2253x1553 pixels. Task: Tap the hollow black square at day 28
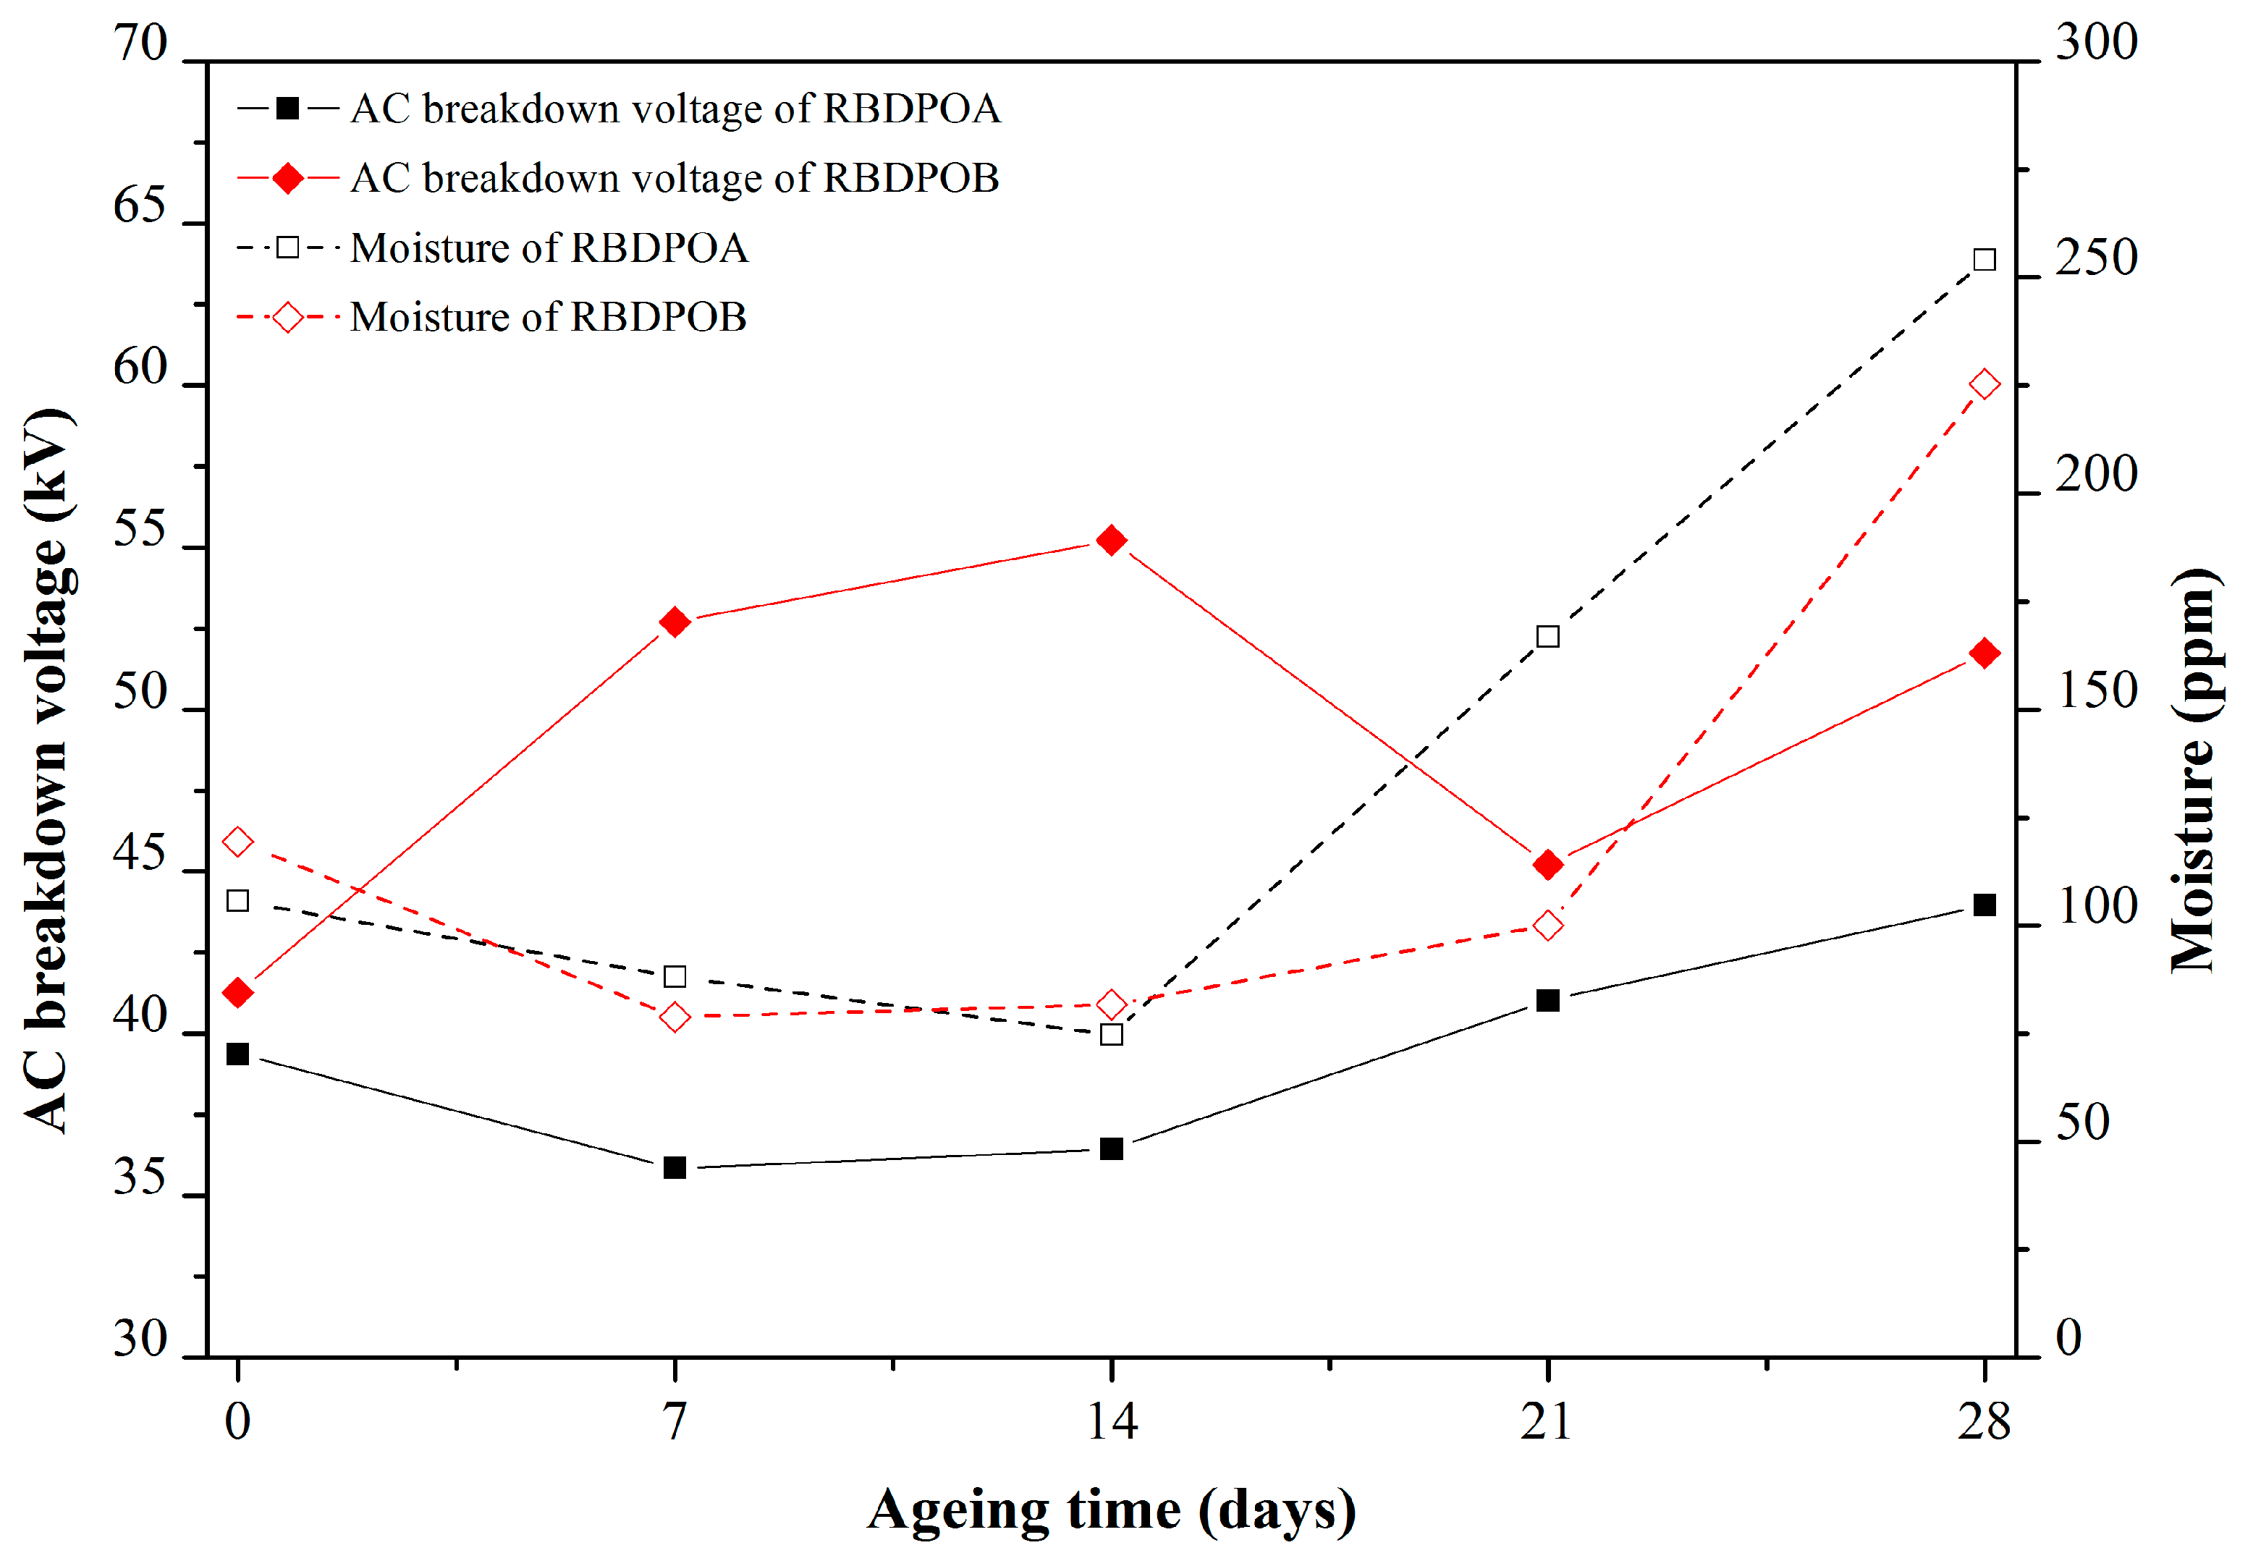tap(1984, 260)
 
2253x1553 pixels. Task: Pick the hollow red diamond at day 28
tap(1984, 384)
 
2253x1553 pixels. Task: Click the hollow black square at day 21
tap(1547, 636)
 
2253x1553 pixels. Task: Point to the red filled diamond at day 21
tap(1547, 864)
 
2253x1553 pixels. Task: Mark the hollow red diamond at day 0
tap(237, 842)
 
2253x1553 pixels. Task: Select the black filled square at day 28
tap(1984, 905)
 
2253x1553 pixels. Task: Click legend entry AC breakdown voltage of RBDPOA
tap(675, 109)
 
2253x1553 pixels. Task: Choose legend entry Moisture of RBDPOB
tap(548, 317)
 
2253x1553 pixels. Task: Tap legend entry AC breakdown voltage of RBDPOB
tap(675, 178)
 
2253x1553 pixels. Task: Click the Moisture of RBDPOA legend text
tap(549, 248)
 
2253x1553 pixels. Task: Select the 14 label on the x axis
tap(1112, 1423)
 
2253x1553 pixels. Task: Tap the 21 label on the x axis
tap(1547, 1423)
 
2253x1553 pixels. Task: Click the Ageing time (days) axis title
tap(1112, 1510)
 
